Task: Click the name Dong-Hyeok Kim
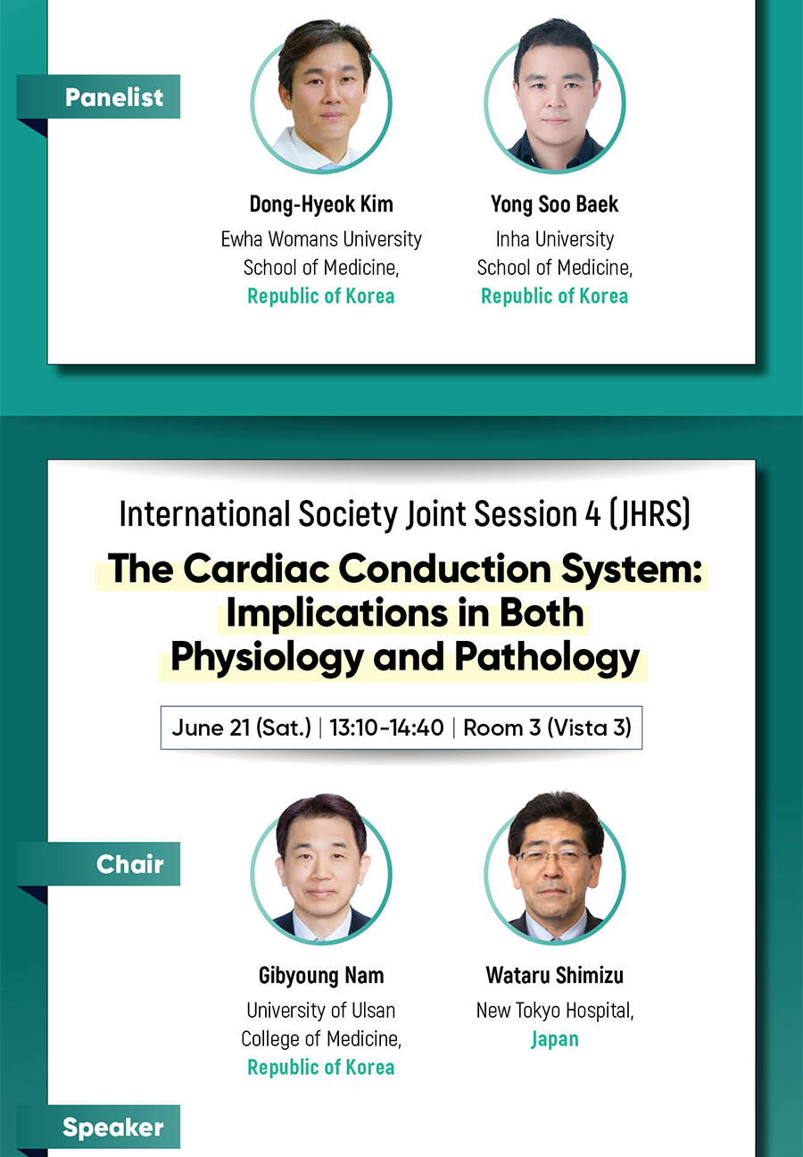pos(321,204)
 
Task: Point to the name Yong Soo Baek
pos(554,204)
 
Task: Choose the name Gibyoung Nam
pos(321,975)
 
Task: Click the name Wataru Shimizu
pos(555,975)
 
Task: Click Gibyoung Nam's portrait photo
pos(321,869)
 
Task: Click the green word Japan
pos(555,1039)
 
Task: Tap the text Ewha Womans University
pos(321,239)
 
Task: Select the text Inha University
pos(555,239)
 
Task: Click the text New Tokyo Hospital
pos(555,1011)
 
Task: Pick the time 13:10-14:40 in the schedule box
pos(386,728)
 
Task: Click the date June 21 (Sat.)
pos(241,728)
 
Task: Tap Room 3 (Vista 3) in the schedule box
pos(547,728)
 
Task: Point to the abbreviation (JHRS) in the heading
pos(650,514)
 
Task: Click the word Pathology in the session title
pos(547,658)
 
